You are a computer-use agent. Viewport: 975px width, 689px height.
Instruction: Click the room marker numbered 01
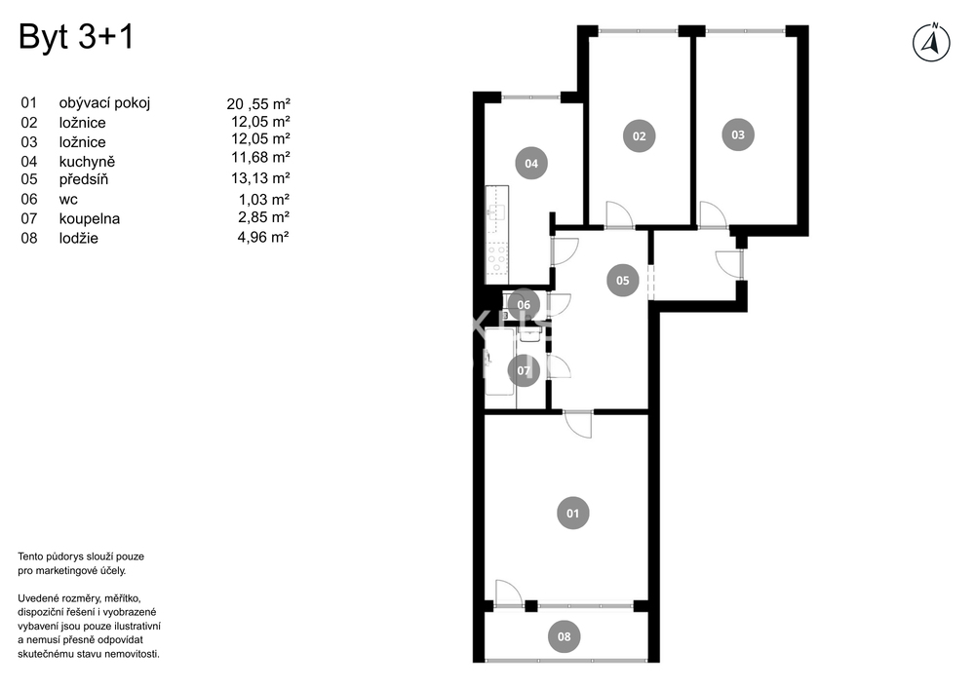point(572,514)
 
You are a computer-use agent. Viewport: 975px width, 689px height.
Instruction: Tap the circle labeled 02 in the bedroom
point(640,136)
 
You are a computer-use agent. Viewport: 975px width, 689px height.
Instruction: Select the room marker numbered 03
point(738,134)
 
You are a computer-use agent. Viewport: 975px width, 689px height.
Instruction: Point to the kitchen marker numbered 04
point(531,164)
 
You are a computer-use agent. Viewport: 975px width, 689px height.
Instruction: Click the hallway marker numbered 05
point(622,281)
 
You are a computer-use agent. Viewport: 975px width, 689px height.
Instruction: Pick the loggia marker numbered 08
point(564,636)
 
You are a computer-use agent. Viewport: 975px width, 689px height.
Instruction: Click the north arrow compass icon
point(931,43)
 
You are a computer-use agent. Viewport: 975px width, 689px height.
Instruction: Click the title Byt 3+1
point(76,37)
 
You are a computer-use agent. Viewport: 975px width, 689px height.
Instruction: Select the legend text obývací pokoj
point(104,103)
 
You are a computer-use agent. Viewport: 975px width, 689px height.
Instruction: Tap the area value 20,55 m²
point(258,103)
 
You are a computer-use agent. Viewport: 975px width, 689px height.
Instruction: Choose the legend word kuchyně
point(87,162)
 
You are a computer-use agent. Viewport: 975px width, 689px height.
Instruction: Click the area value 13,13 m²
point(260,178)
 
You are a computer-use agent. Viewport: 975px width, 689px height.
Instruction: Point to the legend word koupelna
point(90,218)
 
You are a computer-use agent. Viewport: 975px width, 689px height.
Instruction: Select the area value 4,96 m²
point(263,237)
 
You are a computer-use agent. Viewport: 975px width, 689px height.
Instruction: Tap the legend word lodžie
point(78,238)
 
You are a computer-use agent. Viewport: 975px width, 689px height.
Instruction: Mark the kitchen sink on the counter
point(497,211)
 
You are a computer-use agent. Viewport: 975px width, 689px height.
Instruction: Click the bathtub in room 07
point(500,362)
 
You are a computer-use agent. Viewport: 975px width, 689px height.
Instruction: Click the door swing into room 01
point(578,424)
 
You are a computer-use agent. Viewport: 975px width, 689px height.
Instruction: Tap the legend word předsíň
point(84,179)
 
